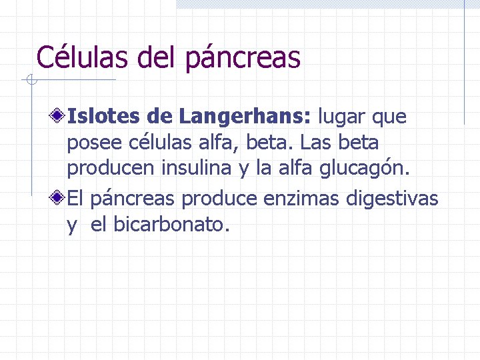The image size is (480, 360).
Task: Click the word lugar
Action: tap(342, 118)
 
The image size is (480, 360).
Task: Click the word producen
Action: tap(111, 170)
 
